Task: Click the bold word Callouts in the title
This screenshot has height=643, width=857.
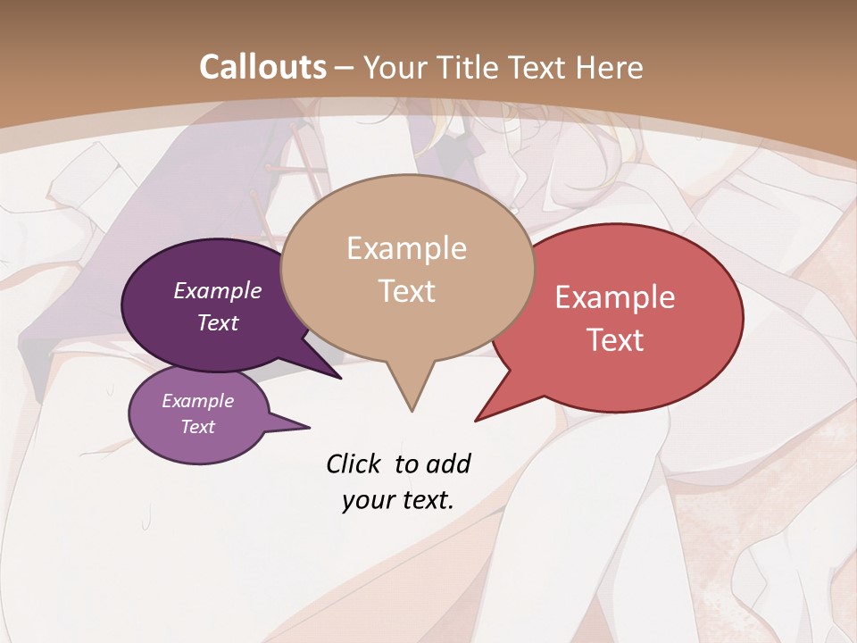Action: tap(262, 67)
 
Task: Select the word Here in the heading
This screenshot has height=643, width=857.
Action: tap(608, 67)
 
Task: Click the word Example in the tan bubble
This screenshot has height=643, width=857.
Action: tap(406, 248)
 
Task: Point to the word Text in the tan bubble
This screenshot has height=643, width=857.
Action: tap(406, 291)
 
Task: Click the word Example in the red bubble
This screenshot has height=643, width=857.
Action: tap(615, 297)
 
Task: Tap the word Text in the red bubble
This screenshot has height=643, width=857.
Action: tap(615, 340)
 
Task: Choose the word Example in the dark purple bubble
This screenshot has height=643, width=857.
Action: tap(218, 291)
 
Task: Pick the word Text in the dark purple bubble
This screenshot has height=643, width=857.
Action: tap(218, 322)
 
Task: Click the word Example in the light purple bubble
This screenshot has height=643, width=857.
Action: tap(198, 401)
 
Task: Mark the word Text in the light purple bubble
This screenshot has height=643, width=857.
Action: tap(198, 427)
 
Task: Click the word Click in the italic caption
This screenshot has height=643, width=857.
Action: tap(354, 463)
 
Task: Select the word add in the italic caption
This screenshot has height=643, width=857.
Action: tap(448, 463)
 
